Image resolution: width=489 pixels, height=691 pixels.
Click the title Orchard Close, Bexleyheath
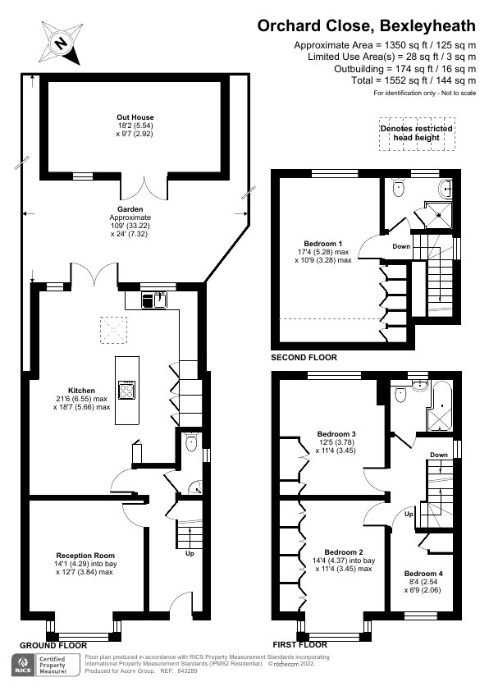point(366,26)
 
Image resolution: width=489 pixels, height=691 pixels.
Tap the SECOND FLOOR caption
point(304,358)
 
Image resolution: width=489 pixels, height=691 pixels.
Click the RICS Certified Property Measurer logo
point(42,666)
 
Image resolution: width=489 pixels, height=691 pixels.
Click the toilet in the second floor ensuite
point(399,187)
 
